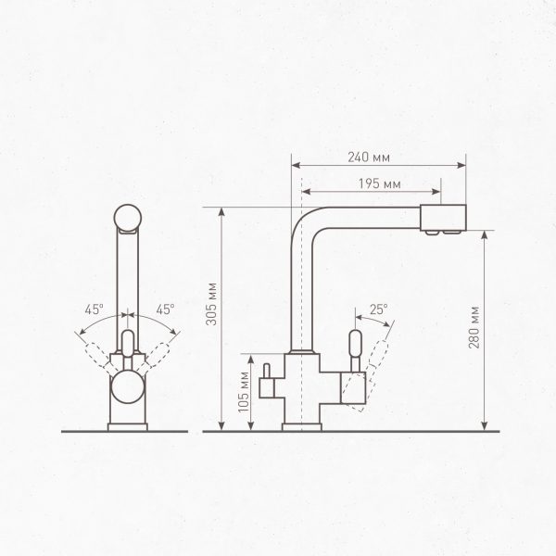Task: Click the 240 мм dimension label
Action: (x=369, y=158)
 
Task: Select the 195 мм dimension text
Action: (x=379, y=184)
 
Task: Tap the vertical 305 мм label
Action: (x=211, y=304)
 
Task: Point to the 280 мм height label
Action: (x=474, y=327)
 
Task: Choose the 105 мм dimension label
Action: (x=244, y=392)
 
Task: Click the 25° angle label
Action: (x=379, y=310)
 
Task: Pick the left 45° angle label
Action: (x=94, y=310)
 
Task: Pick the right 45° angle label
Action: (x=165, y=310)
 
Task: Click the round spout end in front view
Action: (x=128, y=218)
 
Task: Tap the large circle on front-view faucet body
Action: (x=128, y=386)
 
